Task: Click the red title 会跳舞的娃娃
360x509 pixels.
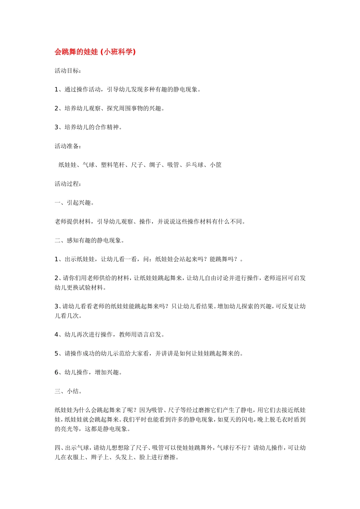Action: point(76,52)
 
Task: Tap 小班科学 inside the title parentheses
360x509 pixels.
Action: point(119,52)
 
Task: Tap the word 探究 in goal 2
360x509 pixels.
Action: point(113,108)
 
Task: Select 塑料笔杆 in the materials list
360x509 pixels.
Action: point(113,165)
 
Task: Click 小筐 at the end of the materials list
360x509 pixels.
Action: point(216,165)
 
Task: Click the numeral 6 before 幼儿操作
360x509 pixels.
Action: point(56,373)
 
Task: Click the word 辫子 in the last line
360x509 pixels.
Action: point(97,457)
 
